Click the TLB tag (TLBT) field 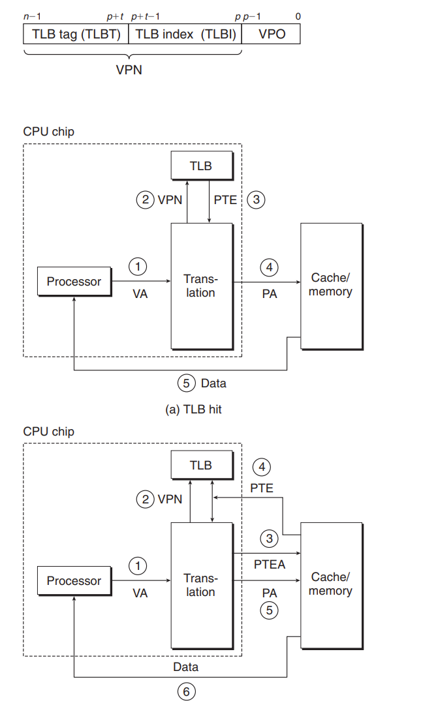pos(76,34)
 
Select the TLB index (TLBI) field pos(185,34)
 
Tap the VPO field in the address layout pos(272,34)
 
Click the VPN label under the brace pos(129,70)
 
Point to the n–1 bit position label pos(31,15)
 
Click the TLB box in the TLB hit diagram pos(201,166)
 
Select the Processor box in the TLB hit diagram pos(74,282)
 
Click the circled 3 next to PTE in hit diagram pos(257,200)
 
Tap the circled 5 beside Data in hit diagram pos(187,383)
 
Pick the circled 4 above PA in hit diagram pos(268,267)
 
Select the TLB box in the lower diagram pos(201,465)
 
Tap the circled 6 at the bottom pos(186,692)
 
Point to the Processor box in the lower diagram pos(74,581)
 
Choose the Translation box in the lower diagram pos(201,584)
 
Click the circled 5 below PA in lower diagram pos(268,611)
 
